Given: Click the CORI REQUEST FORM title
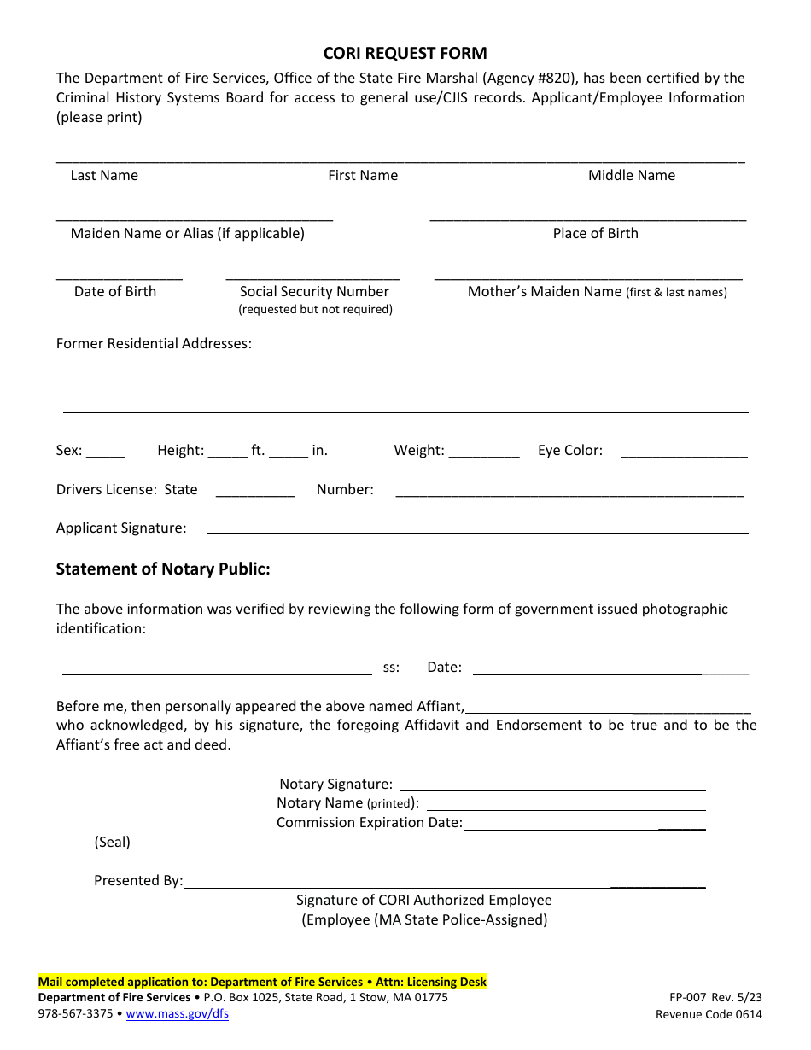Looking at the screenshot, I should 405,53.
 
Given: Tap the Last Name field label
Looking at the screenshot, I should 104,175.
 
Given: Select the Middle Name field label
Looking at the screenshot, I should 631,175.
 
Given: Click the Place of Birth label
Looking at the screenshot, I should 595,233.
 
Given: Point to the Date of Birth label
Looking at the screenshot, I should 115,291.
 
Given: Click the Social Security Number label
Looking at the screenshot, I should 314,291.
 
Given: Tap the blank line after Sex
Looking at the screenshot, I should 106,455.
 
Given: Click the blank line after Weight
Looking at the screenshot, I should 483,455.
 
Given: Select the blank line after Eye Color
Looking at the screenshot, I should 684,455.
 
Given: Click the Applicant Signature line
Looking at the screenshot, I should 477,531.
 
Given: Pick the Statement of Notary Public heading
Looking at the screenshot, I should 163,569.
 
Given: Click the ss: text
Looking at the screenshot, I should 391,668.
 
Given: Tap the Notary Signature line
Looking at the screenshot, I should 552,788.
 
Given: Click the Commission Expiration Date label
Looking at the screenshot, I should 369,822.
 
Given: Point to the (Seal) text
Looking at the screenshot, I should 112,842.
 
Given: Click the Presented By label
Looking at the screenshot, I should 138,880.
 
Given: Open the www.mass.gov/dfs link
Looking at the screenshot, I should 178,1014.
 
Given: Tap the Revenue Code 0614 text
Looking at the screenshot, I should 709,1014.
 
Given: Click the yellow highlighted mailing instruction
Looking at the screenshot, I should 262,982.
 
